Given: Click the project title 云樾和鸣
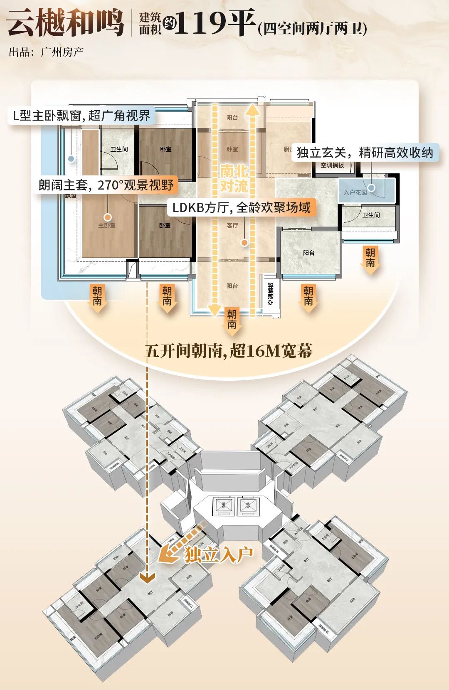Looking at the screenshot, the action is click(x=66, y=23).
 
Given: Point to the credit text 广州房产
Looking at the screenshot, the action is click(x=62, y=52).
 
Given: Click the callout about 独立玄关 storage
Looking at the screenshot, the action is click(x=365, y=153).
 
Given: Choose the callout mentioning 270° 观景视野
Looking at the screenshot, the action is click(x=106, y=185).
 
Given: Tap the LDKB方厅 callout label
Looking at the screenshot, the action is click(x=241, y=207).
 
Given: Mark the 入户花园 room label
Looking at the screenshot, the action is click(x=355, y=192).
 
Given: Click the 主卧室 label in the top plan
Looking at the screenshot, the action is click(x=107, y=226).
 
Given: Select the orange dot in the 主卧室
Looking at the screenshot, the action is click(x=108, y=217).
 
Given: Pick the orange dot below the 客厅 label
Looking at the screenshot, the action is click(x=244, y=242).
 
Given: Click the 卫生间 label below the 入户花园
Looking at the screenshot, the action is click(x=371, y=215).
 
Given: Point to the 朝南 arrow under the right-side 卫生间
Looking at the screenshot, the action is click(x=370, y=260).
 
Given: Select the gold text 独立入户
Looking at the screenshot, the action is click(x=219, y=554).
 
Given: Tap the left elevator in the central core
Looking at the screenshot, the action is click(x=223, y=506).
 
